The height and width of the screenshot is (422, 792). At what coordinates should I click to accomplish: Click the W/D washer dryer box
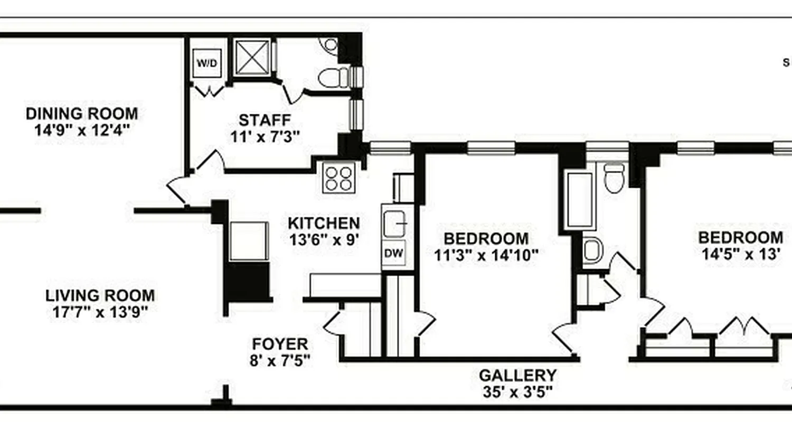(x=206, y=63)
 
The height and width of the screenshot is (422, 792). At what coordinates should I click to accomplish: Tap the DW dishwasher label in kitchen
(x=393, y=254)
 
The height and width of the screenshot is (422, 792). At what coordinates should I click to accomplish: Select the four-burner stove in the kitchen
(x=339, y=178)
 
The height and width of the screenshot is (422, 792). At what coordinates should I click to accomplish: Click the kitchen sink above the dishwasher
(x=394, y=224)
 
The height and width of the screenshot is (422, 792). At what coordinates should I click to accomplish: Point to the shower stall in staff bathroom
(x=252, y=57)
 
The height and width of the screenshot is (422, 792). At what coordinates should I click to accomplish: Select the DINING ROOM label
(x=82, y=113)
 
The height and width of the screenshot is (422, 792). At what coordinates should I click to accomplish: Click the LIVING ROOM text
(x=100, y=295)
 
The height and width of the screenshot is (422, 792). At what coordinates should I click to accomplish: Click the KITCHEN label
(x=324, y=223)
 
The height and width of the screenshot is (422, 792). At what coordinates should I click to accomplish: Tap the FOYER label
(x=280, y=344)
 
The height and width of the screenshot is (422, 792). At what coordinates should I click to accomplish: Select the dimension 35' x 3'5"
(x=517, y=392)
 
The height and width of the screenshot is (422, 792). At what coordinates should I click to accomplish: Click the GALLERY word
(x=517, y=376)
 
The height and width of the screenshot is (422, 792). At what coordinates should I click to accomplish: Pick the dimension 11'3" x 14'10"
(x=486, y=255)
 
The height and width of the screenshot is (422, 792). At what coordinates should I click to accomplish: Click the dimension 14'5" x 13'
(x=741, y=254)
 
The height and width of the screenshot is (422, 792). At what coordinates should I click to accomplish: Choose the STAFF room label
(x=265, y=120)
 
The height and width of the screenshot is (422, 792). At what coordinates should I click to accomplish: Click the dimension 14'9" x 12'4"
(x=82, y=130)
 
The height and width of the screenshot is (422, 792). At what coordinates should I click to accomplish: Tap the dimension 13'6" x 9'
(x=324, y=240)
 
